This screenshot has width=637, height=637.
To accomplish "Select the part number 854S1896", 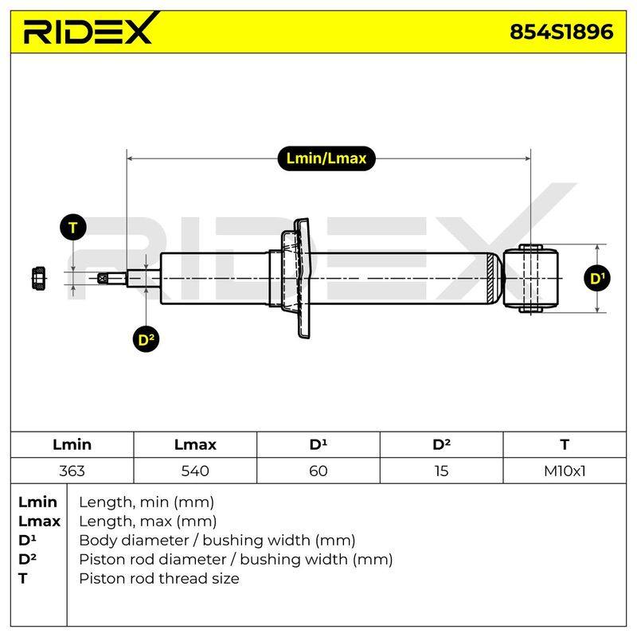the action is [x=561, y=32].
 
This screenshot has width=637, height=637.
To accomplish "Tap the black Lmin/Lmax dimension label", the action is [x=326, y=158].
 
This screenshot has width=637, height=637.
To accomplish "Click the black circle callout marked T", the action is [x=73, y=228].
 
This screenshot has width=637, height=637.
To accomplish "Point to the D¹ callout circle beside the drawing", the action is [x=597, y=278].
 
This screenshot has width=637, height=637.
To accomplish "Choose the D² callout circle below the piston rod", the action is [x=147, y=339].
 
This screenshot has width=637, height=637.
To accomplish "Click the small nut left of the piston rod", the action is [x=38, y=278].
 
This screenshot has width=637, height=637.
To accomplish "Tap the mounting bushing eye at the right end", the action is [x=530, y=278].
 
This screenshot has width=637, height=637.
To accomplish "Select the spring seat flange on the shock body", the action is [x=295, y=278].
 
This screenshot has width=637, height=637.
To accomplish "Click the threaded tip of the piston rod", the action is [x=112, y=278].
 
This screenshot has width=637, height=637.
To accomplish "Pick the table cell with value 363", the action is [x=72, y=471].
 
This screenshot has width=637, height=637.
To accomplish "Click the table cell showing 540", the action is [x=195, y=471].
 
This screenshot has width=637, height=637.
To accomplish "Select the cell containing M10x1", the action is [x=565, y=471].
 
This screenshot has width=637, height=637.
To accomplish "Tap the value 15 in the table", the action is [x=441, y=471].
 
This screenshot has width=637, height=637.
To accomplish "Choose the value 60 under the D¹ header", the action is [x=318, y=471].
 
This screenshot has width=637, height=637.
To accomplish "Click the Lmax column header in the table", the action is [x=195, y=445].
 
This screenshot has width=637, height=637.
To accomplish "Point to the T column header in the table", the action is [x=565, y=445].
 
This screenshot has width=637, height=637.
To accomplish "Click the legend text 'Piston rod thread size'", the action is [x=159, y=579].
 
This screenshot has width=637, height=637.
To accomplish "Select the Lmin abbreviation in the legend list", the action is [x=37, y=502].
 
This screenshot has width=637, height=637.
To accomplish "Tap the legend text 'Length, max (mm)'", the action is [x=148, y=522].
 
